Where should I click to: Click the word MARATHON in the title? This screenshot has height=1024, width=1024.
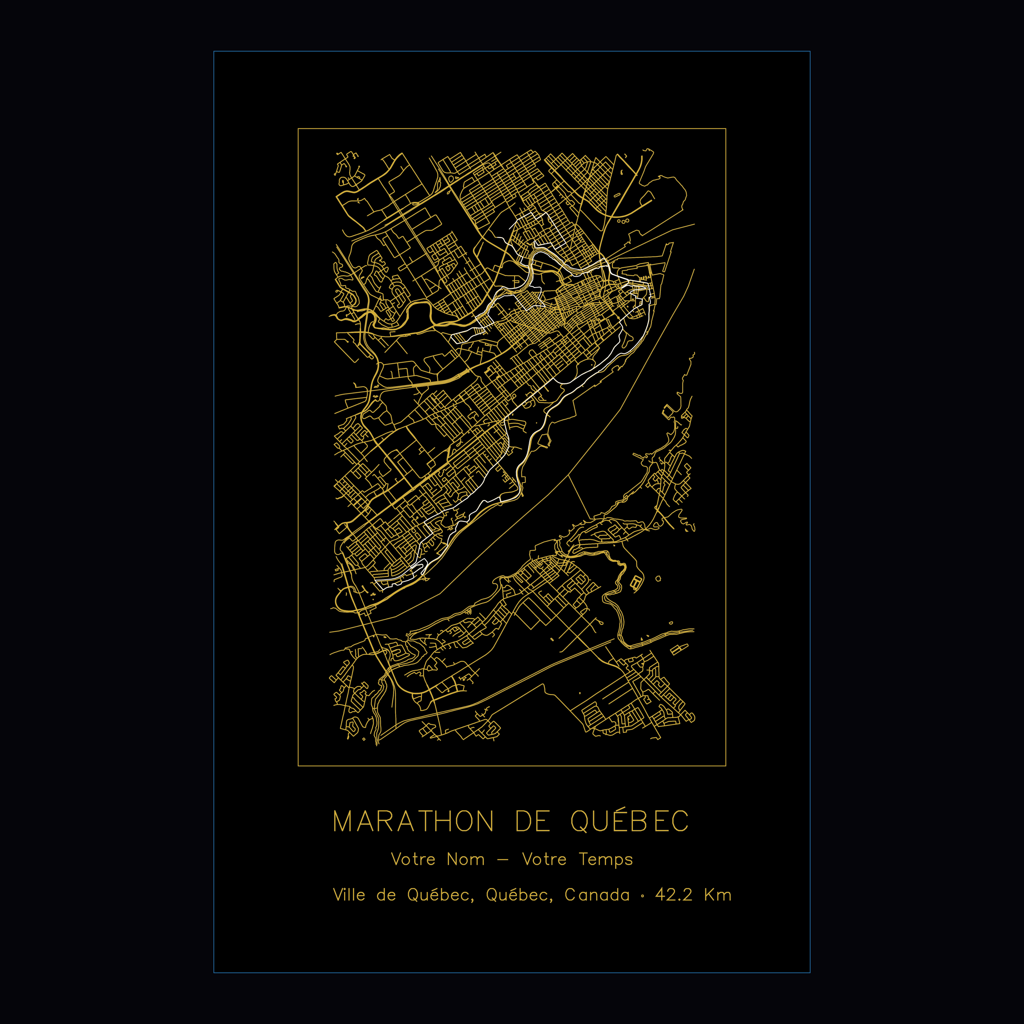click(x=413, y=822)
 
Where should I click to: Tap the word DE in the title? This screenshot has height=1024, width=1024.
click(x=532, y=822)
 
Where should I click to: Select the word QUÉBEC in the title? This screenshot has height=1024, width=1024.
click(x=630, y=822)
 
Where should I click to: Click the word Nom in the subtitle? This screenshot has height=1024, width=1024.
click(x=465, y=859)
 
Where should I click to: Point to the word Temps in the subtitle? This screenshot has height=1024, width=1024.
click(x=606, y=860)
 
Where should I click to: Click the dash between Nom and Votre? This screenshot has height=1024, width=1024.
click(x=503, y=860)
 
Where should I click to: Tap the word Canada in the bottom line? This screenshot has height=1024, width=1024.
click(x=597, y=895)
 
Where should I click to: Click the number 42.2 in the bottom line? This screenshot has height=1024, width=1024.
click(x=674, y=895)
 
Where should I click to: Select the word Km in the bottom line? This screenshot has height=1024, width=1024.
click(x=718, y=895)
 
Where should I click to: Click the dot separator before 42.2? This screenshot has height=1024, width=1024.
click(x=643, y=897)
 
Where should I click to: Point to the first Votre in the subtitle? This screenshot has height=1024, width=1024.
click(x=413, y=859)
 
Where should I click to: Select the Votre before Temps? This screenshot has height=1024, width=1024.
click(x=544, y=859)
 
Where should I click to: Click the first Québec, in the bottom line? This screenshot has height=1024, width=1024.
click(x=440, y=895)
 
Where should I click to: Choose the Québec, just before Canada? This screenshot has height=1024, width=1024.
click(x=519, y=895)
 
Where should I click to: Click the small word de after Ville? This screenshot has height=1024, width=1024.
click(x=386, y=895)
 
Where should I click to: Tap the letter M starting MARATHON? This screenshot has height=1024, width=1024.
click(x=342, y=822)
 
